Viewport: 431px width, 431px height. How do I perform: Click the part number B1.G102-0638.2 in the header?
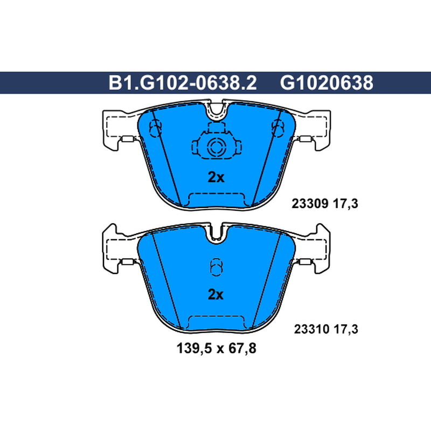point(183,83)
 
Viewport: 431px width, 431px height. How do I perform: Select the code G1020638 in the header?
point(326,83)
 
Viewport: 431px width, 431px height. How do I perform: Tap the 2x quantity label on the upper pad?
point(216,177)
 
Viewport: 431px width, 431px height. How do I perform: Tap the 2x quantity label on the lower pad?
point(216,294)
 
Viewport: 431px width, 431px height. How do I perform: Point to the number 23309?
point(310,204)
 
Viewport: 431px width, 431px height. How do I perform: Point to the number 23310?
point(312,329)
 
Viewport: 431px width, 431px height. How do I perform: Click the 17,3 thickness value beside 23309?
point(345,204)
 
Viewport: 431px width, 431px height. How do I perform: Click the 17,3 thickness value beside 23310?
point(345,329)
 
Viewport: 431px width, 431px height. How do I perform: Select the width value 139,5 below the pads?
point(194,349)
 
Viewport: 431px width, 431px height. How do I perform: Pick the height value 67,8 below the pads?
point(239,349)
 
